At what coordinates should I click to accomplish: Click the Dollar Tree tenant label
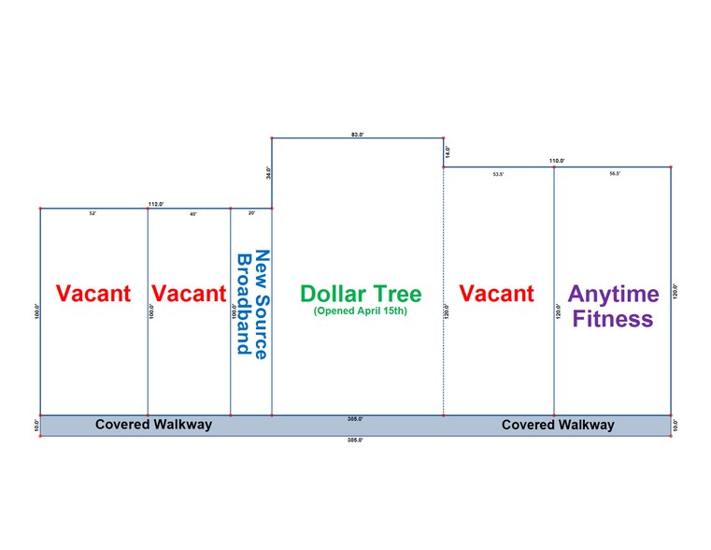[361, 294]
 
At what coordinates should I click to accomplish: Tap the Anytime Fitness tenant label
[613, 306]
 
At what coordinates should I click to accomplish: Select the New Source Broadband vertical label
[252, 303]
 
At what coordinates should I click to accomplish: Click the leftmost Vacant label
[93, 294]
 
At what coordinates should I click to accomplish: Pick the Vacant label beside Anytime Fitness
[497, 294]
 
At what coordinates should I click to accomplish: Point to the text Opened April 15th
[361, 311]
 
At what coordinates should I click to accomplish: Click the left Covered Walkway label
[153, 425]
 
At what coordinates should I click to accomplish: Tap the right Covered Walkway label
[558, 425]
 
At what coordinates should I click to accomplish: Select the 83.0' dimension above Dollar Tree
[357, 135]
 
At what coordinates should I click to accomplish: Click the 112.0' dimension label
[156, 204]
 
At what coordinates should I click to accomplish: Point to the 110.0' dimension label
[557, 162]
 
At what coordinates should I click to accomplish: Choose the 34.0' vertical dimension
[267, 173]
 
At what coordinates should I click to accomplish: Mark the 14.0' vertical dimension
[448, 151]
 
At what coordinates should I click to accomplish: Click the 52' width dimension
[92, 214]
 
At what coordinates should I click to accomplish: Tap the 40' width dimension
[193, 214]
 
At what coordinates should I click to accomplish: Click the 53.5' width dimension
[498, 174]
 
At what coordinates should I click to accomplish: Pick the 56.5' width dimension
[614, 174]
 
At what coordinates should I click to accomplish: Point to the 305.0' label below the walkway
[355, 439]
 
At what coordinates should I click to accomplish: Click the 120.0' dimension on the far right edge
[675, 291]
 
